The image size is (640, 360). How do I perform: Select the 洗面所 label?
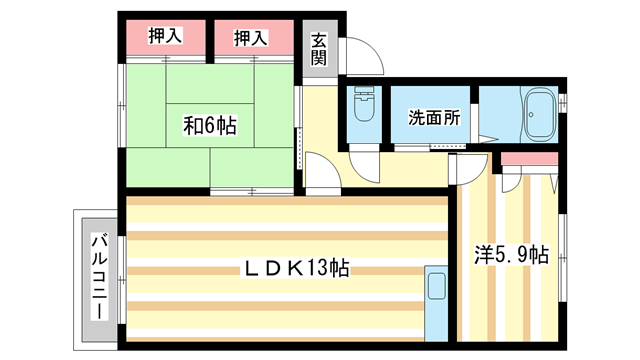[434, 117]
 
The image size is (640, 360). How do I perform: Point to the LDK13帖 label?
[291, 268]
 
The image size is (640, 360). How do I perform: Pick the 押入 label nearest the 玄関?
[251, 38]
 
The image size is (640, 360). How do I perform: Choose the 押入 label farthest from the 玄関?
[165, 38]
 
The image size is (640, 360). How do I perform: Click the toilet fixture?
[362, 109]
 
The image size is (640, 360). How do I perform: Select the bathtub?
[540, 115]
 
